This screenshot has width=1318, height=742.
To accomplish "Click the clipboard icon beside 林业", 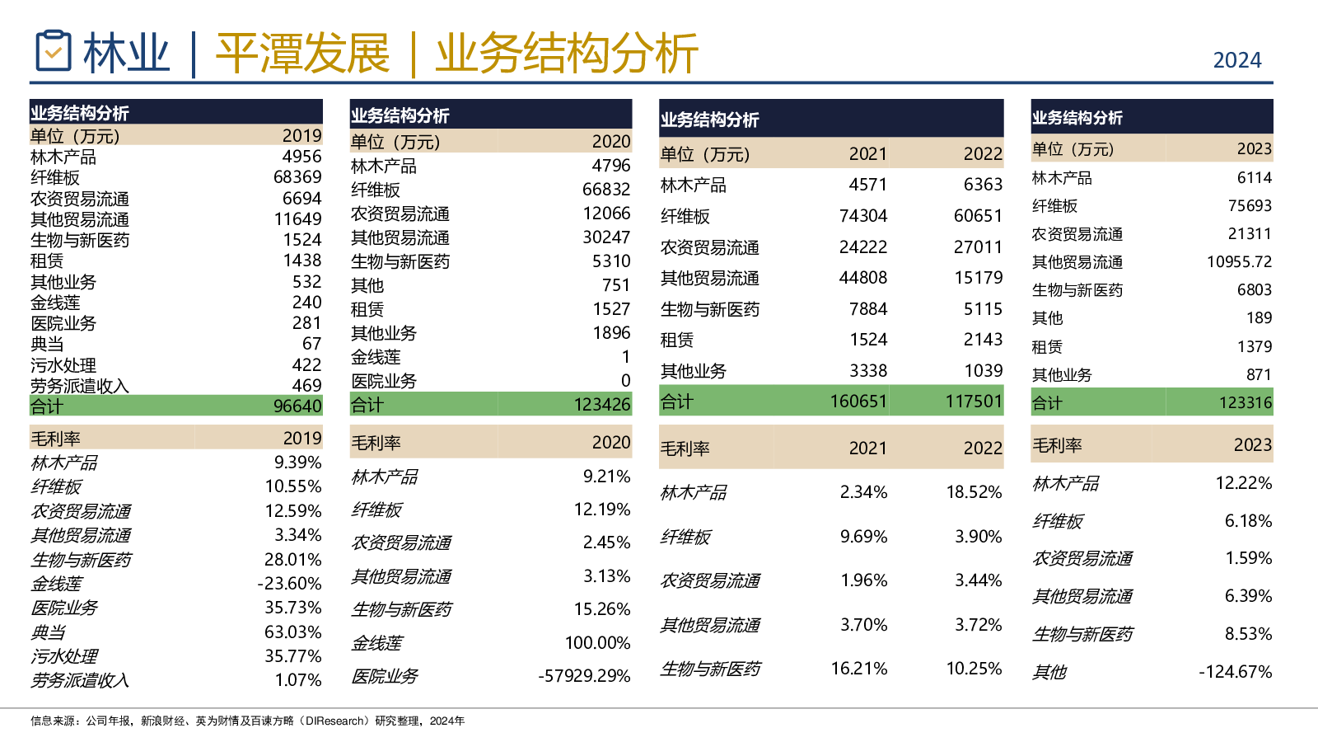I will pos(54,51).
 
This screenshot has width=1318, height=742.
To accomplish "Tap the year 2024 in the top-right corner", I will pos(1236,60).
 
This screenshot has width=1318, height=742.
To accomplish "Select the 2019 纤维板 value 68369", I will pos(297,177).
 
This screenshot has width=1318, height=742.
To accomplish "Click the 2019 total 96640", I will pos(297,406).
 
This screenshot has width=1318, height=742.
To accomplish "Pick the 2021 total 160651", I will pos(858,402).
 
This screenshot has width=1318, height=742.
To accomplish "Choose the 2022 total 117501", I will pos(974,402).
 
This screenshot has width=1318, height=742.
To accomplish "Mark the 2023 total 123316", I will pos(1246,403).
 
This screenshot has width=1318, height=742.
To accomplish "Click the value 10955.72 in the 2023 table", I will pos(1239,262).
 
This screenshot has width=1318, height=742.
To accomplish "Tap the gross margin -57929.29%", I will pos(584,676).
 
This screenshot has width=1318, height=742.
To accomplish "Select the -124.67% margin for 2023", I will pos(1235,672).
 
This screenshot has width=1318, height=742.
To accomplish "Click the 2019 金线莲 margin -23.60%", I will pos(289,584).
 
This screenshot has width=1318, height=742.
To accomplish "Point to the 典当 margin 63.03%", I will pos(292,632).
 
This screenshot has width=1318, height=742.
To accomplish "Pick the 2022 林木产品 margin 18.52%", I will pos(974,492).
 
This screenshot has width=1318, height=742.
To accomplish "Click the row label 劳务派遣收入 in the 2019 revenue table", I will pos(80,386).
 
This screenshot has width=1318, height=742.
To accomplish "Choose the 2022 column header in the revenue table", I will pos(983,154).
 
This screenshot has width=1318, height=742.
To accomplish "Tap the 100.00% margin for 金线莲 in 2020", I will pos(597,643).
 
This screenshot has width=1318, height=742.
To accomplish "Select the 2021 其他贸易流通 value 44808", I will pos(862,278).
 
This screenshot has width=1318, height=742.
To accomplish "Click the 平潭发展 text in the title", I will pos(302,54).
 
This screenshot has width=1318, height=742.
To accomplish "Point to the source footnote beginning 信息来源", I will pos(247,721).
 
